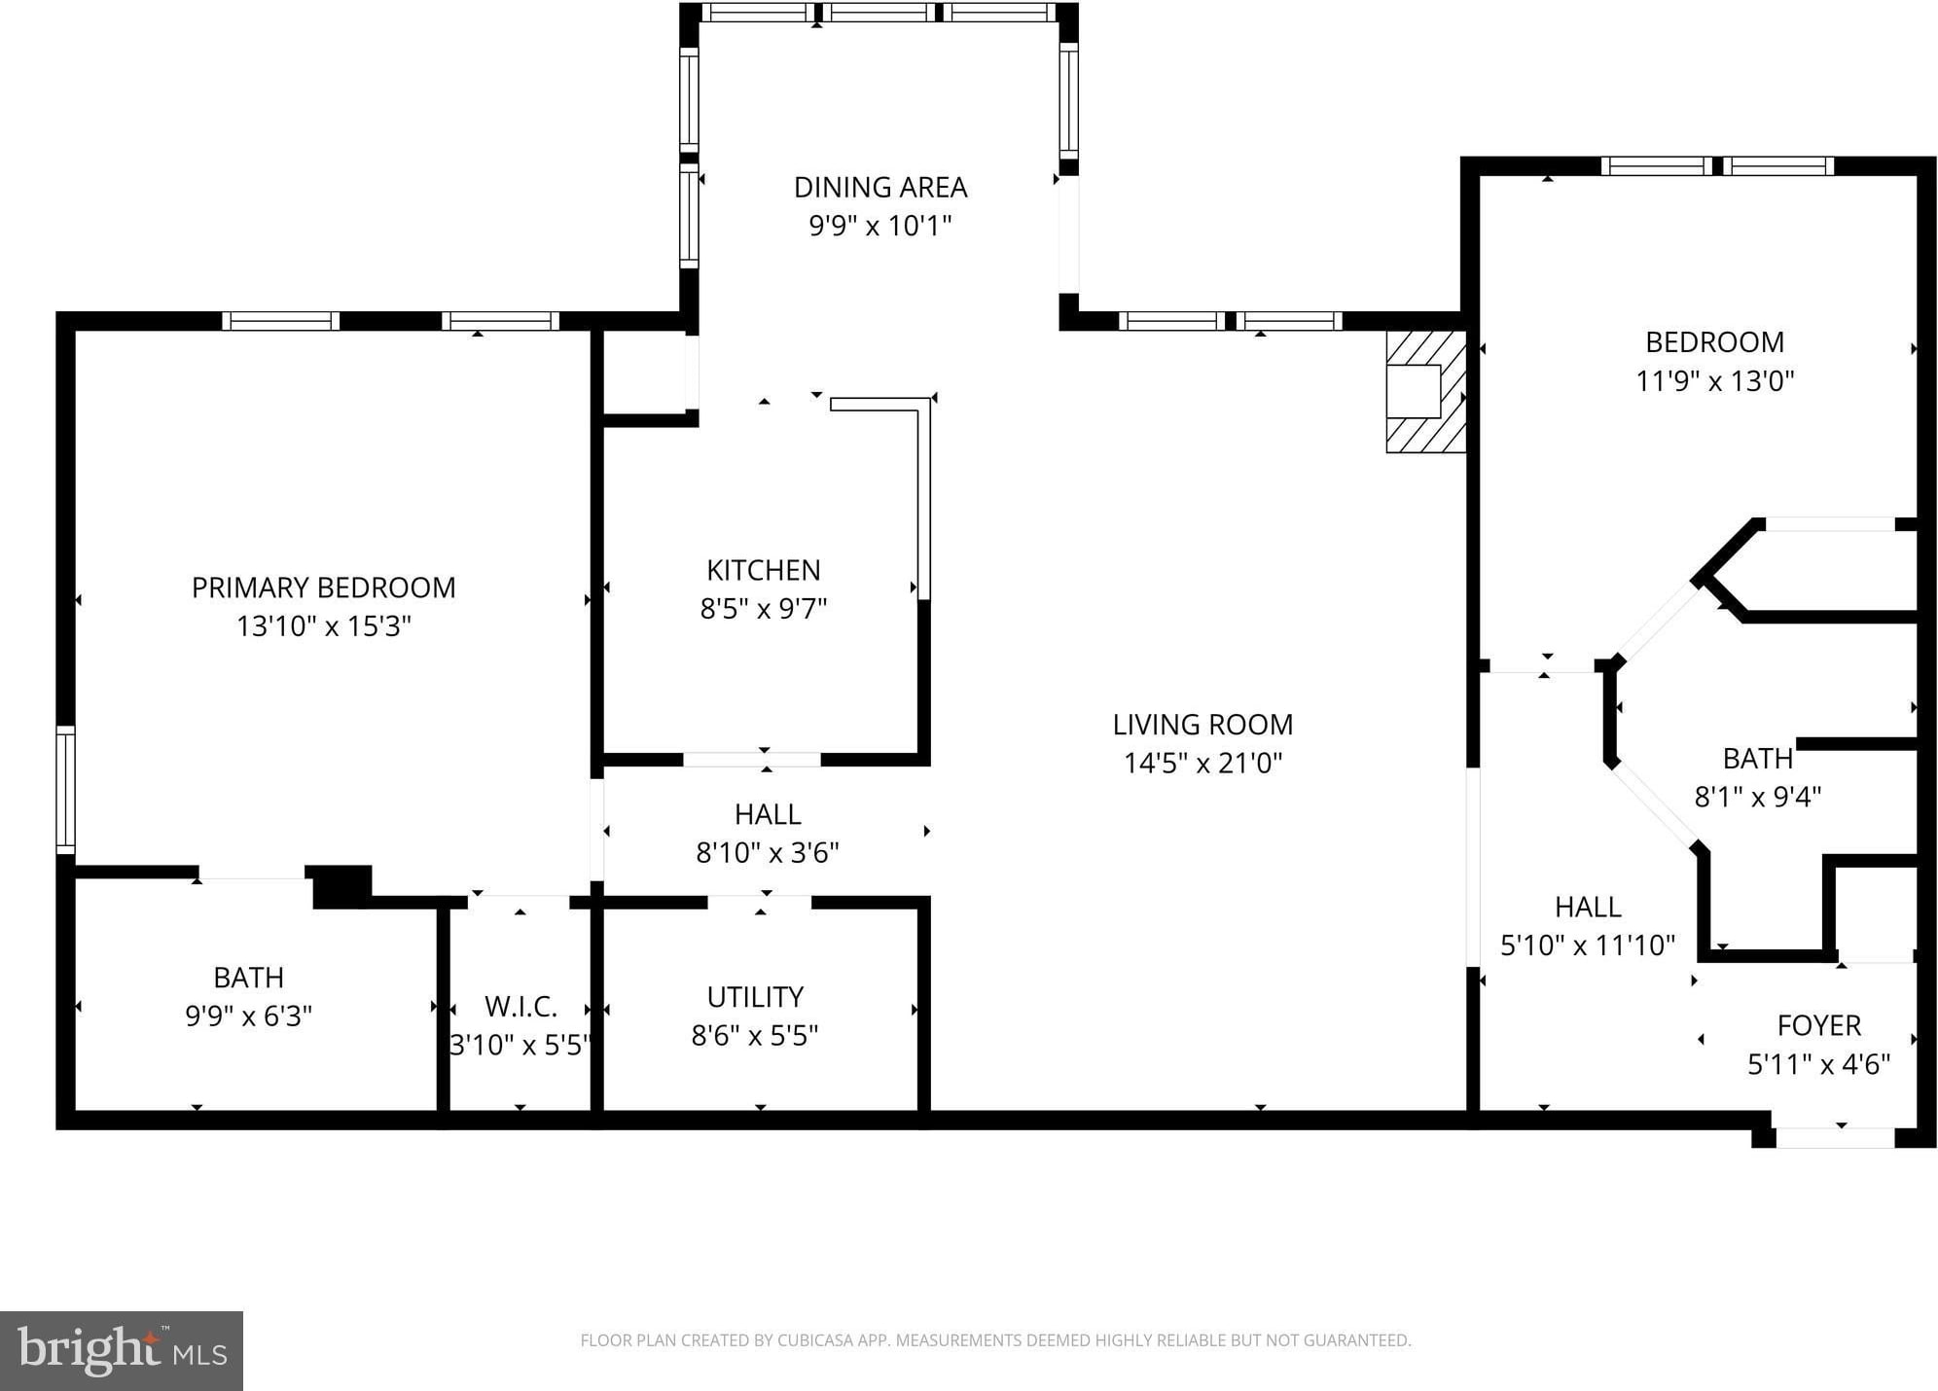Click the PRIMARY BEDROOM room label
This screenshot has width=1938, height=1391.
tap(323, 588)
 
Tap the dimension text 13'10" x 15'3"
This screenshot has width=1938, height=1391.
tap(324, 626)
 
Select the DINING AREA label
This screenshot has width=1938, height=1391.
tap(880, 187)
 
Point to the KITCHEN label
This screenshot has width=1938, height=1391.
tap(764, 570)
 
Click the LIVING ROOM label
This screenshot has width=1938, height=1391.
tap(1202, 725)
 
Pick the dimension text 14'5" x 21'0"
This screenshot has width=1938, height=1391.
tap(1203, 764)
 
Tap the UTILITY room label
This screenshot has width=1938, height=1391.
tap(755, 997)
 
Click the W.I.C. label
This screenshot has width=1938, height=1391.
tap(520, 1007)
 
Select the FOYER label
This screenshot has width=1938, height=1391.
tap(1819, 1025)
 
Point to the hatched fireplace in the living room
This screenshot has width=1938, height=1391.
tap(1425, 391)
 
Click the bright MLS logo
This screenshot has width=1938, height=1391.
tap(122, 1351)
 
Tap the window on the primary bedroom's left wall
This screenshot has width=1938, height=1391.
tap(65, 790)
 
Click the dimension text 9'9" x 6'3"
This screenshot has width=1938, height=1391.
tap(249, 1016)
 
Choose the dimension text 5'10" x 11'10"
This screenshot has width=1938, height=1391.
tap(1588, 945)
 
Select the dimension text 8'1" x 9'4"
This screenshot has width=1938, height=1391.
tap(1758, 797)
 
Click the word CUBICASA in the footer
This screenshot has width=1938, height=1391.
tap(815, 1340)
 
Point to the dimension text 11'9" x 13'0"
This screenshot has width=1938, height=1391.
tap(1715, 380)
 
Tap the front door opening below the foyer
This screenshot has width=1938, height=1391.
tap(1835, 1138)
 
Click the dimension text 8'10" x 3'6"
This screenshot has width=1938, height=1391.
tap(768, 853)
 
